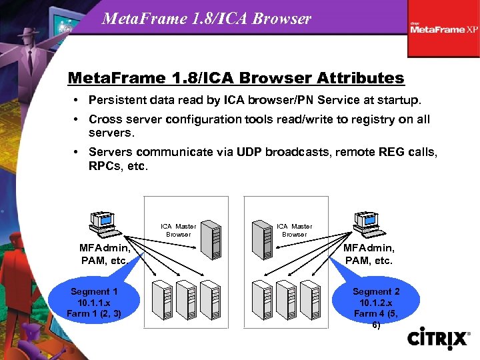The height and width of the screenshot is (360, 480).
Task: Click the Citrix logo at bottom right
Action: tap(438, 338)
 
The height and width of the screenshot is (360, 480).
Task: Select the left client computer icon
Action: tap(103, 224)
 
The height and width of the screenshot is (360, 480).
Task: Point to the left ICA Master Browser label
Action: tap(178, 230)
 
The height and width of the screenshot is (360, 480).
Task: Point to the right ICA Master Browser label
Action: tap(294, 230)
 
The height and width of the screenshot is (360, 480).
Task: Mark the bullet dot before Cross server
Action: tap(78, 119)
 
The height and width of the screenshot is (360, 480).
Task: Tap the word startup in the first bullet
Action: tap(398, 101)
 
